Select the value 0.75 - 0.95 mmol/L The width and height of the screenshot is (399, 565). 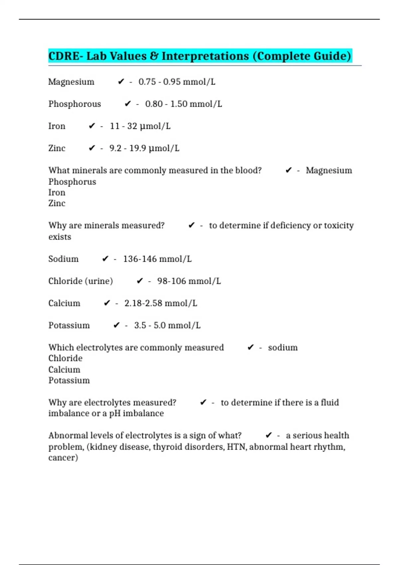point(177,82)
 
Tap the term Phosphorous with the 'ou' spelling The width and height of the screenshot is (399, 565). point(74,104)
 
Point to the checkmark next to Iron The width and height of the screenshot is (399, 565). point(92,126)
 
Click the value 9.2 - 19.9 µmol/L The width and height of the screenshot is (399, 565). point(144,148)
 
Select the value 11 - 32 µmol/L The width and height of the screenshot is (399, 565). point(140,126)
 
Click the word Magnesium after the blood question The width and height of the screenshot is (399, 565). point(329,170)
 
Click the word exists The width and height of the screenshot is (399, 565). point(60,237)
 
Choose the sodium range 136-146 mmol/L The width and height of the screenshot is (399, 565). point(157,259)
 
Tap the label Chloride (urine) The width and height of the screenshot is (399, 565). point(80,281)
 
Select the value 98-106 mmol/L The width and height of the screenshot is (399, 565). point(189,281)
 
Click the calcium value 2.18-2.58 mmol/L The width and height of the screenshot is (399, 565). point(161,303)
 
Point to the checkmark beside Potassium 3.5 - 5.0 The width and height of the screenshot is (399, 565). point(116,325)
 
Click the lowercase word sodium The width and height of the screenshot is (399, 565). point(283,348)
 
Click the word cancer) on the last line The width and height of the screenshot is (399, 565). point(63,458)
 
